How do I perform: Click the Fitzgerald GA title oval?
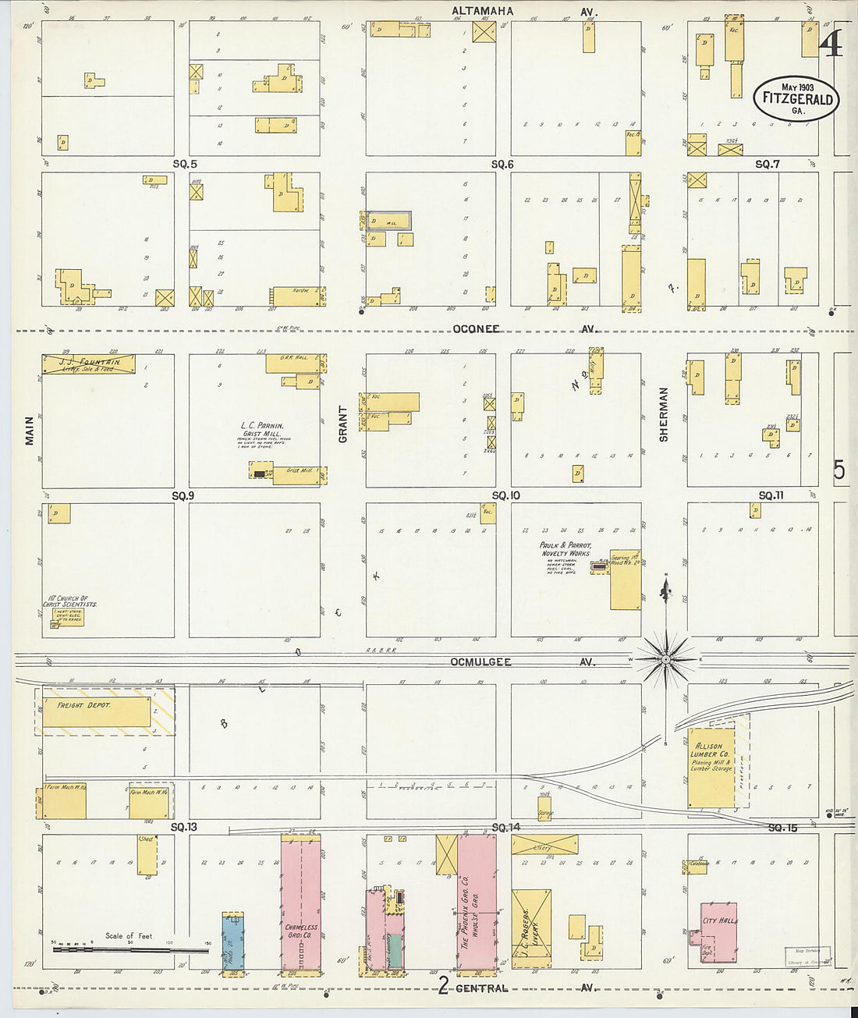click(794, 98)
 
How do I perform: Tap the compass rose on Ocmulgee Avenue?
click(665, 660)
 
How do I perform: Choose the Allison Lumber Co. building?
click(711, 768)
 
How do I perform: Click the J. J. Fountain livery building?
click(89, 364)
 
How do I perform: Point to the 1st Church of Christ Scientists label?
click(71, 602)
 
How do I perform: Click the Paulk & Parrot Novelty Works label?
click(565, 549)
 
